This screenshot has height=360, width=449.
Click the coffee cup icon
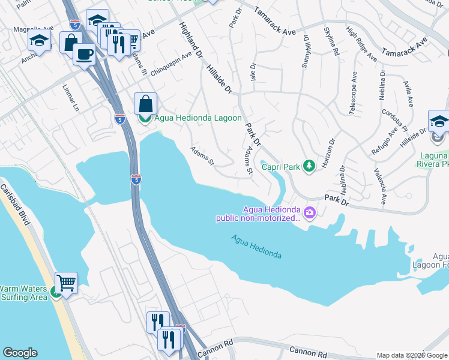(x=84, y=54)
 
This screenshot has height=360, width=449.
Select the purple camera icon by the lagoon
(x=310, y=212)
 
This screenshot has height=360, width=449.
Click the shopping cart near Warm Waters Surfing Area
(x=66, y=281)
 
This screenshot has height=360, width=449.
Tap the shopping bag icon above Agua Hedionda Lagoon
(x=145, y=103)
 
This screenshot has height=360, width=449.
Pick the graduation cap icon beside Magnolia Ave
(x=39, y=41)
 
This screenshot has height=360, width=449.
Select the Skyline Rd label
(x=332, y=42)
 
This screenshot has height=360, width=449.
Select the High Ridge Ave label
(x=361, y=43)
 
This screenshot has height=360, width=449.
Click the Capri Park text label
(x=280, y=166)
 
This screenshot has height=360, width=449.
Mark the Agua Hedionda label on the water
(x=256, y=247)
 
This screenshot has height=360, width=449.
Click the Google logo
(x=20, y=353)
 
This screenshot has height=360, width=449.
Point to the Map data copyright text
(x=412, y=355)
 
